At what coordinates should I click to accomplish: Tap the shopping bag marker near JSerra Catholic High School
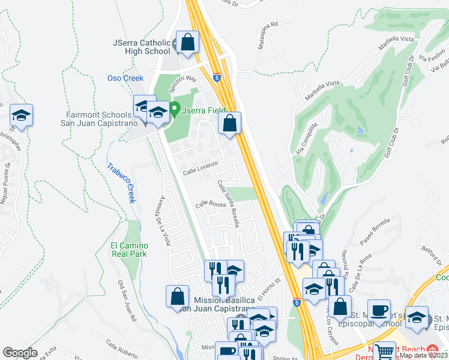pos(188,43)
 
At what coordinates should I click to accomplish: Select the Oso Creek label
pos(125,78)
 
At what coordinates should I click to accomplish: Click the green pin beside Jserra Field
pos(175,109)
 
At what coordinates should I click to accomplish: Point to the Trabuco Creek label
pos(122,183)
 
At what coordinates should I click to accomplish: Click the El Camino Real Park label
pos(128,249)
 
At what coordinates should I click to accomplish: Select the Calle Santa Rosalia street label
pos(229,203)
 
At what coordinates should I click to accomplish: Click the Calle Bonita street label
pos(210,205)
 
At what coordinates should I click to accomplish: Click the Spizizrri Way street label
pos(182,82)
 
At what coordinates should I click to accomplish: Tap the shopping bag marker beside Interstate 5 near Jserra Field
pos(229,124)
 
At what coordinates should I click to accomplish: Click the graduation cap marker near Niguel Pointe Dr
pos(22,116)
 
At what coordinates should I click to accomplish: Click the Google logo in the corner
pos(20,353)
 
